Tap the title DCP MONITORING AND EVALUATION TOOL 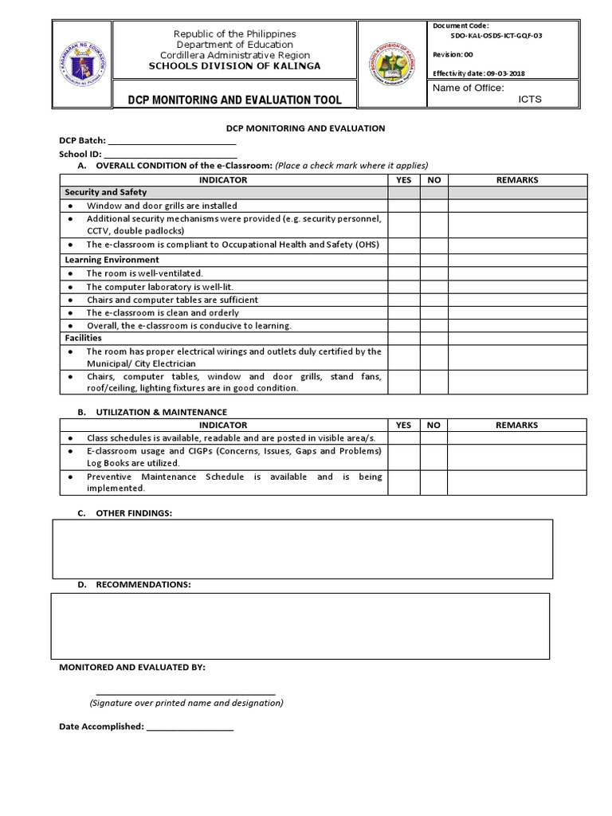pyautogui.click(x=234, y=100)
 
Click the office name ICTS pyautogui.click(x=530, y=100)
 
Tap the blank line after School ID pyautogui.click(x=171, y=155)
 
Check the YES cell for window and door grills pyautogui.click(x=404, y=206)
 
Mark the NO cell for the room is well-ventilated pyautogui.click(x=433, y=273)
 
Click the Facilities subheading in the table pyautogui.click(x=83, y=338)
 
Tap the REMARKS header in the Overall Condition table pyautogui.click(x=516, y=180)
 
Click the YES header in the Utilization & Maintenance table pyautogui.click(x=404, y=426)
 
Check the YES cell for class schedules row pyautogui.click(x=404, y=438)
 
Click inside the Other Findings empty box pyautogui.click(x=302, y=549)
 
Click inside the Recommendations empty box pyautogui.click(x=300, y=626)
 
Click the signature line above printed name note pyautogui.click(x=186, y=692)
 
